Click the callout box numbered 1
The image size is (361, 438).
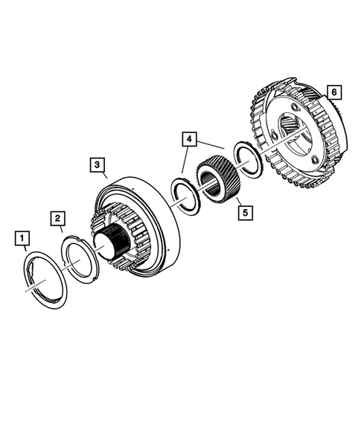click(23, 238)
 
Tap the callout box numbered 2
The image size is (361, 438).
click(57, 218)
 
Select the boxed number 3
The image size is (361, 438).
click(96, 163)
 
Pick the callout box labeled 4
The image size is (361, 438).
click(191, 139)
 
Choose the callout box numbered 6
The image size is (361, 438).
click(333, 92)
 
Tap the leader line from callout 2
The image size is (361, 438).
click(62, 230)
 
